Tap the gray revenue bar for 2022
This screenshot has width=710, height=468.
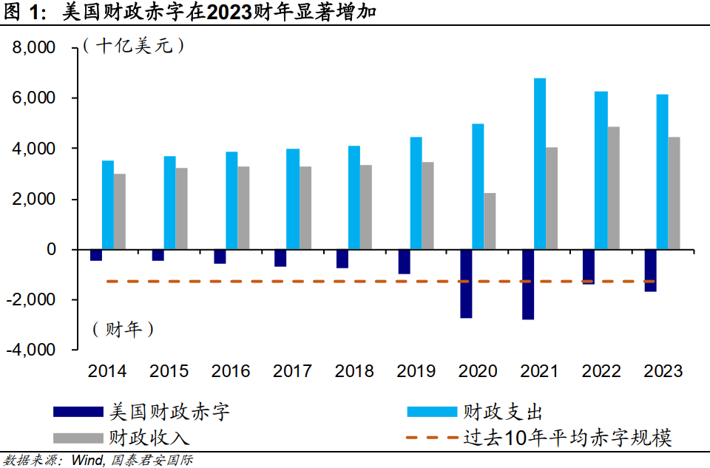click(614, 188)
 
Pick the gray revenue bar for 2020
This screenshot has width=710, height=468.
click(490, 221)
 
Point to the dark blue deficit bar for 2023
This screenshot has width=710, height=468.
click(651, 271)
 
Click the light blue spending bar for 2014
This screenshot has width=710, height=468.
click(108, 205)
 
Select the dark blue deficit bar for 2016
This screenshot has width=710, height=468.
click(220, 257)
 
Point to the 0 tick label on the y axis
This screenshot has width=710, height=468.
click(51, 250)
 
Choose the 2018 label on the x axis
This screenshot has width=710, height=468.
click(354, 371)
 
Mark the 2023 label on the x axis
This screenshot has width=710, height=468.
click(663, 371)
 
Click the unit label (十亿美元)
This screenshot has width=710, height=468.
click(134, 46)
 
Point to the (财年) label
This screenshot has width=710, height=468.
click(124, 329)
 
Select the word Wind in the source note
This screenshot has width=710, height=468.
click(87, 460)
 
